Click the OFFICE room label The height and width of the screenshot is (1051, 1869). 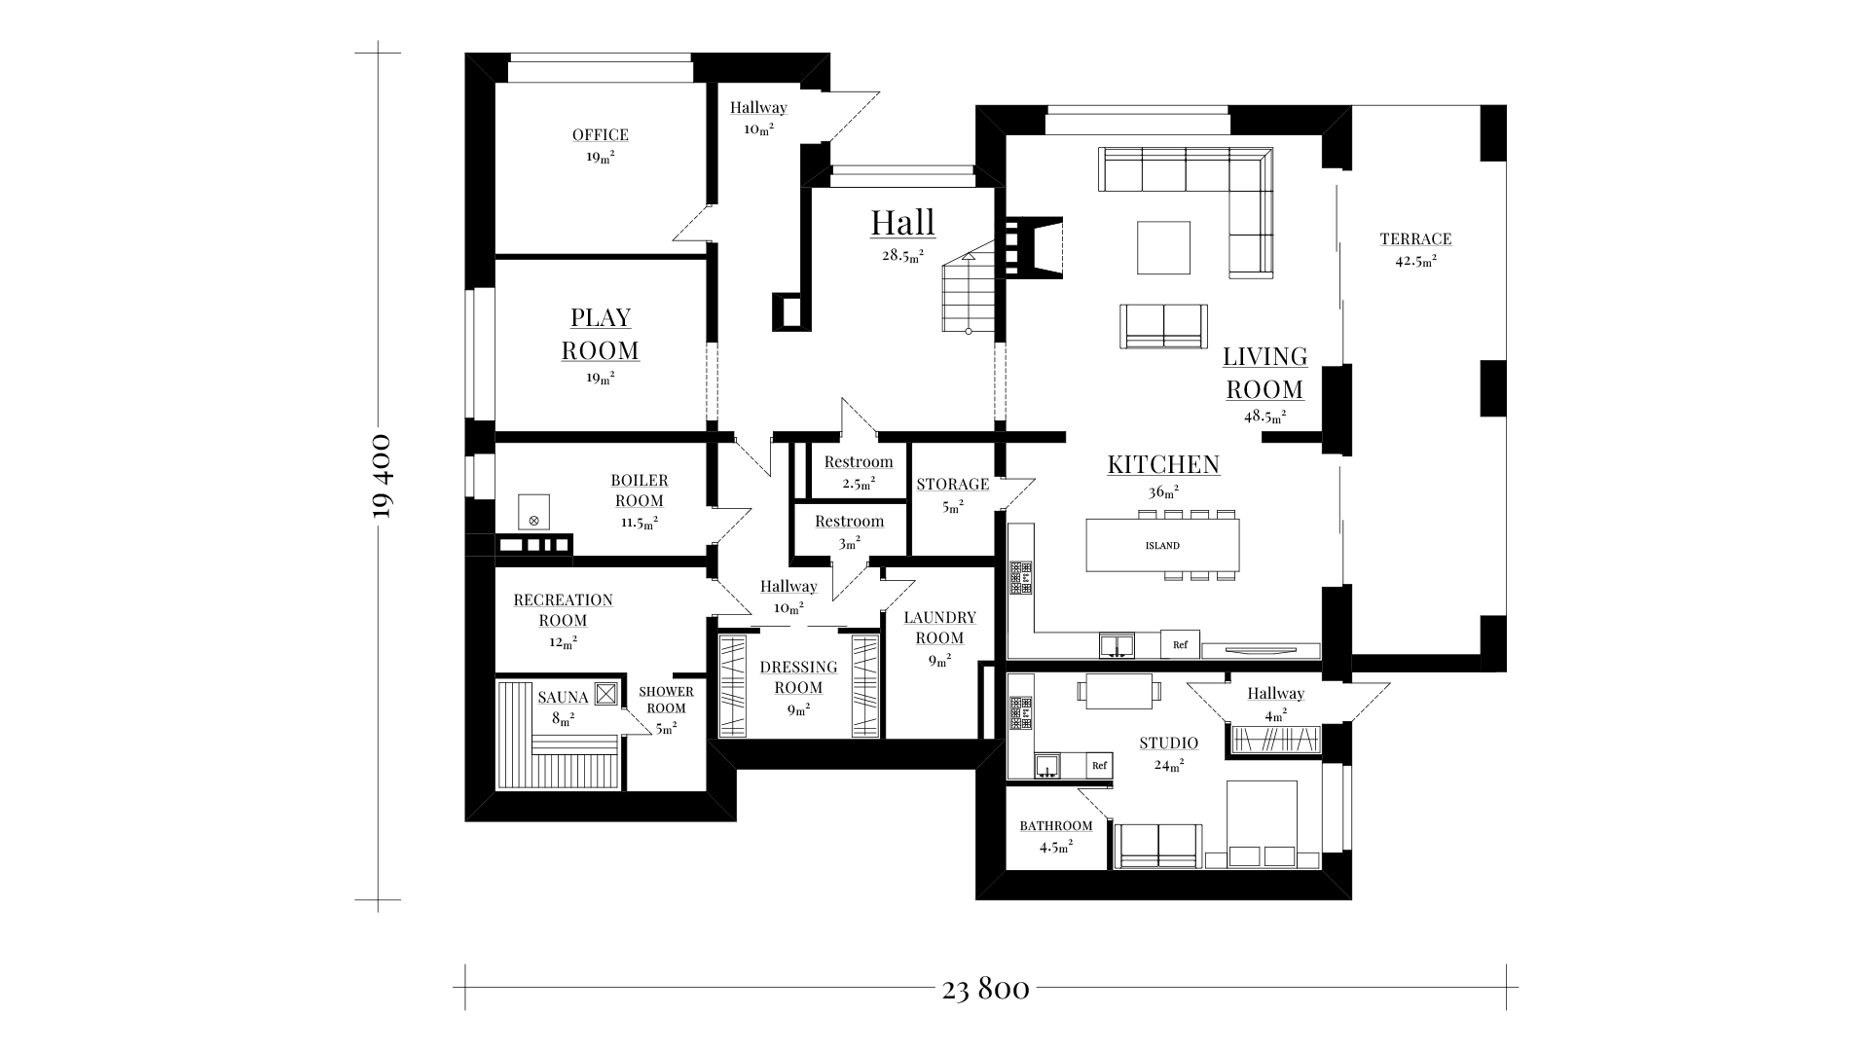(x=600, y=135)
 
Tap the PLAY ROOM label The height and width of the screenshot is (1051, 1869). (x=601, y=334)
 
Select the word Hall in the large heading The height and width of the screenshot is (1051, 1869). (x=902, y=222)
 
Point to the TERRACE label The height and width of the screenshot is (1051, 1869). (x=1415, y=238)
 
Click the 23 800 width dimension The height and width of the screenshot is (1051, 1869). (x=985, y=990)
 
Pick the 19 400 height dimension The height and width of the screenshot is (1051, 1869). (x=382, y=476)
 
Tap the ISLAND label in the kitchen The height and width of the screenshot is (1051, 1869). (x=1162, y=546)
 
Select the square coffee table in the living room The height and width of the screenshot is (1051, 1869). (x=1163, y=247)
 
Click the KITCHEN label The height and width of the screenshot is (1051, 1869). (x=1163, y=464)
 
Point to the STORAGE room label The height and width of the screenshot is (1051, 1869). (x=952, y=485)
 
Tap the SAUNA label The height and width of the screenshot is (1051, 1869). (x=563, y=698)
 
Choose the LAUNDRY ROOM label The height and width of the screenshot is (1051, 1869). (x=939, y=628)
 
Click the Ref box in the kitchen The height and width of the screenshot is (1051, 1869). (x=1180, y=644)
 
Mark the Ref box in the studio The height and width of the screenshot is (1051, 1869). (x=1099, y=766)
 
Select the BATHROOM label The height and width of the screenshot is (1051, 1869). (x=1056, y=826)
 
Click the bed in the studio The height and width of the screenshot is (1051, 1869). (x=1263, y=824)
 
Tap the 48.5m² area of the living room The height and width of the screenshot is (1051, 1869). (x=1264, y=416)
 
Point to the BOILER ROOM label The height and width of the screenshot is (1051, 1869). (x=640, y=490)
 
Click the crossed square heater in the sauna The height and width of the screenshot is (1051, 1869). (x=605, y=693)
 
